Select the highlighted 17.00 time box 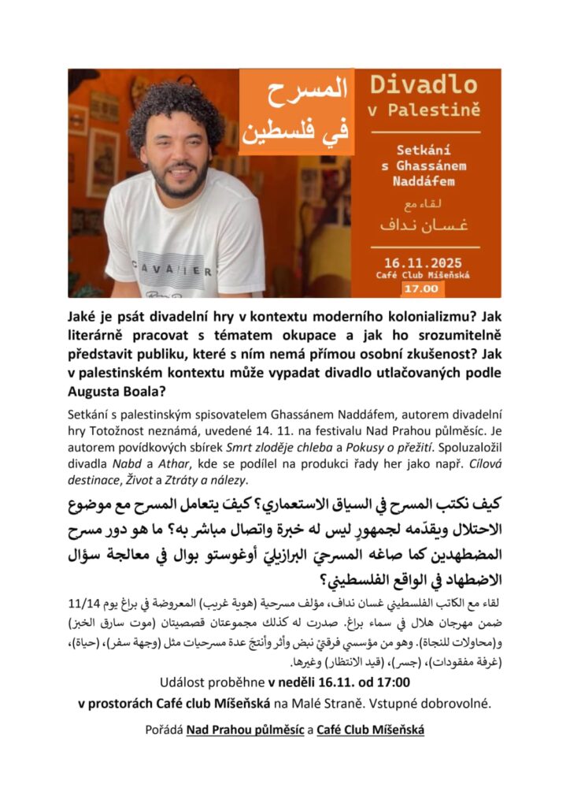pyautogui.click(x=424, y=289)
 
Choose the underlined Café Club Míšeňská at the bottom pyautogui.click(x=370, y=730)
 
